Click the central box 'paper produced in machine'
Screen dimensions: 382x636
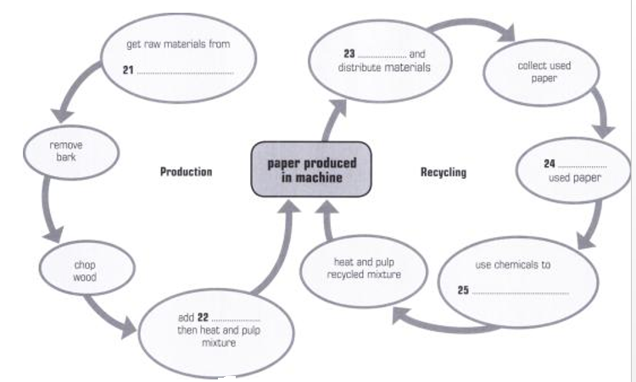(311, 169)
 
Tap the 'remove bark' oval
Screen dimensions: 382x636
(61, 152)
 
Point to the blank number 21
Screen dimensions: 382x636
(128, 70)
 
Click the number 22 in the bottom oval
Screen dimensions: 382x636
(203, 317)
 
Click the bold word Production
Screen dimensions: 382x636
(186, 172)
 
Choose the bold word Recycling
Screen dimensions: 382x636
(444, 173)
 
